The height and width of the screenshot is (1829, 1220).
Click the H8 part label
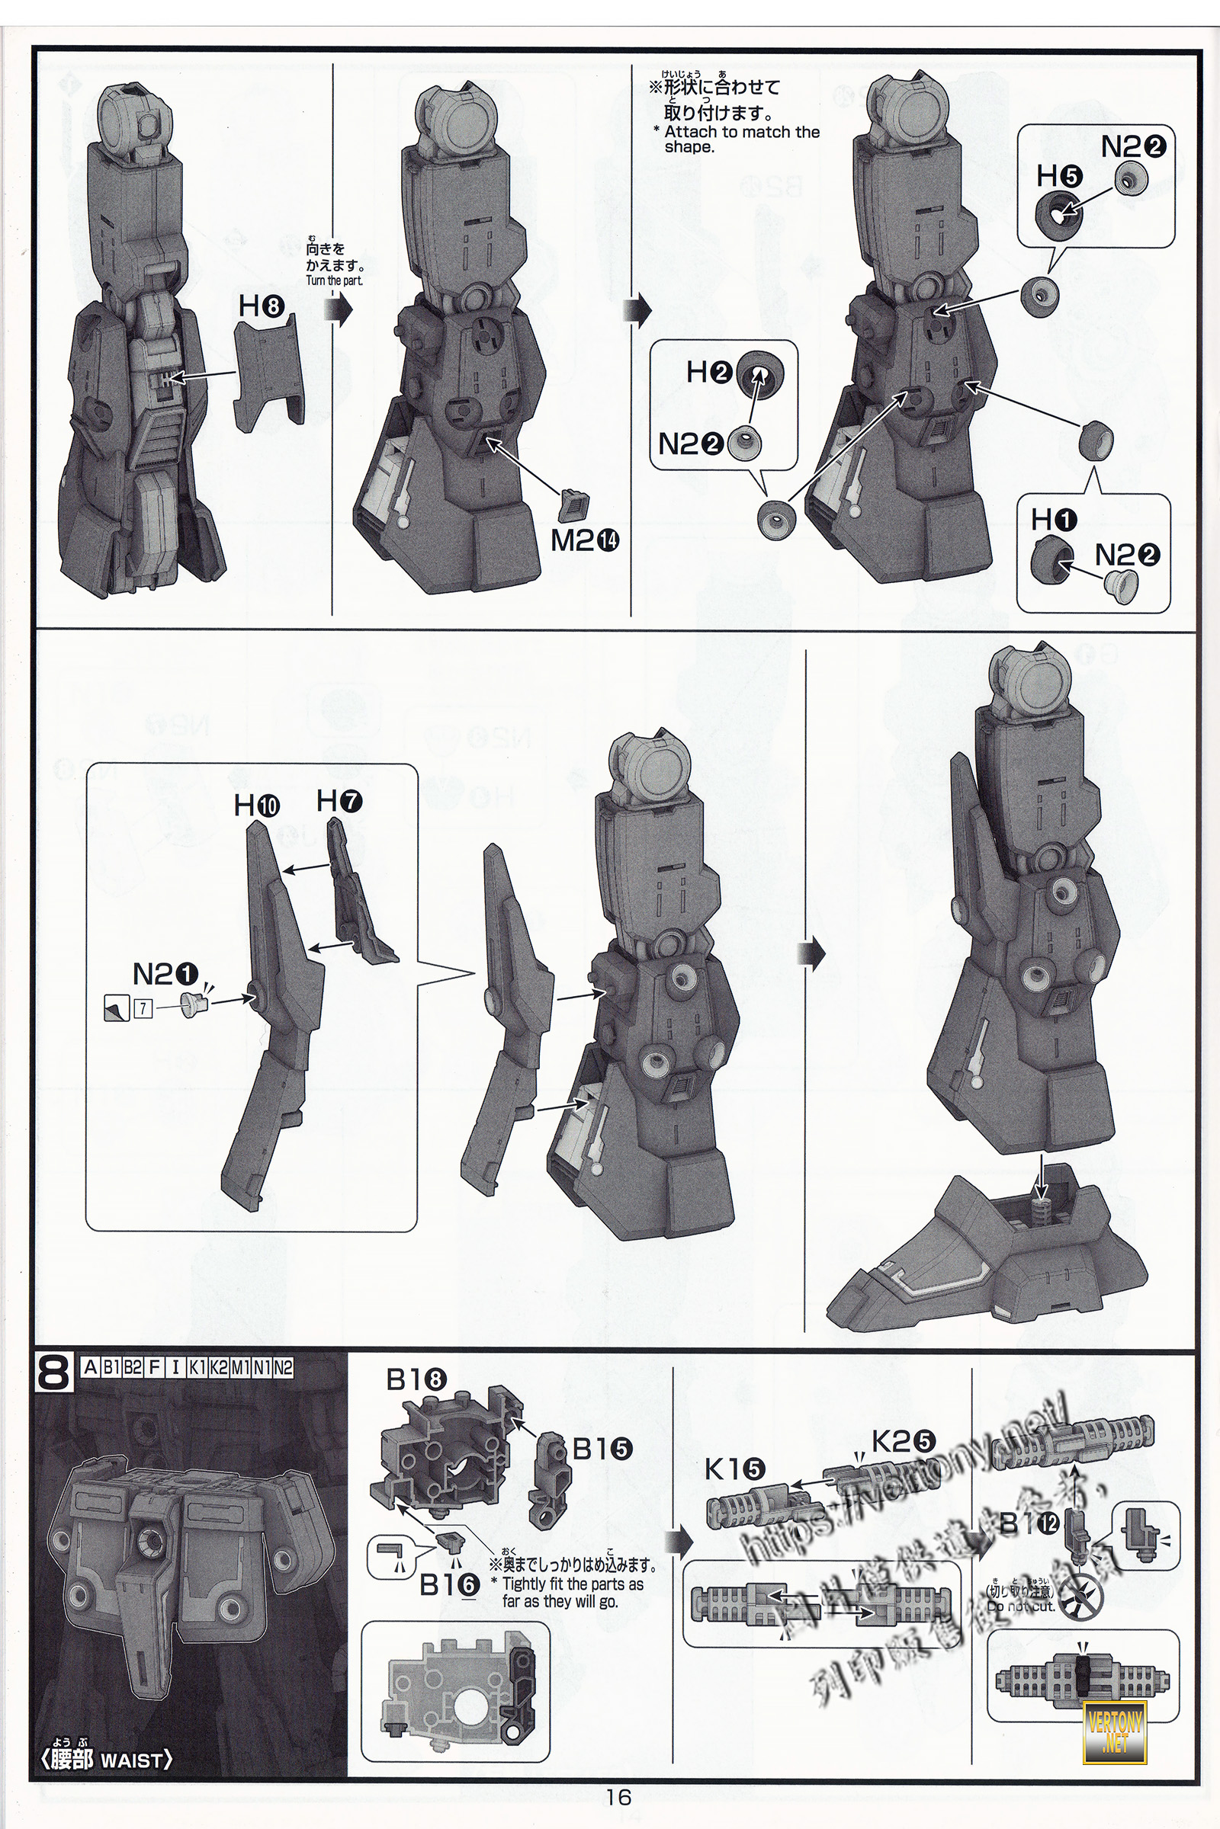[260, 306]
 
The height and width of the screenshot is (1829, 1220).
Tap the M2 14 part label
[584, 540]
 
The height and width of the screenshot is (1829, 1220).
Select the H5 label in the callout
[1059, 177]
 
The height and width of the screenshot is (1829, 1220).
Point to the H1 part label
[1054, 519]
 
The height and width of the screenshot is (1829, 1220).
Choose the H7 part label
[339, 800]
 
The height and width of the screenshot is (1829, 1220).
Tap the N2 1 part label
[165, 974]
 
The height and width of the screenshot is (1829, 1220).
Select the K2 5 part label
[904, 1442]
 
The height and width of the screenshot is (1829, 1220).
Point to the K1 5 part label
[734, 1469]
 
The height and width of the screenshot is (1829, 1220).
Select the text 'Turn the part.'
[334, 280]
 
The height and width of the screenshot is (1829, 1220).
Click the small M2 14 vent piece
[576, 505]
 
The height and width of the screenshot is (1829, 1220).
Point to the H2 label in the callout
[709, 373]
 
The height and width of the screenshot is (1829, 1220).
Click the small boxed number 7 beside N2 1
[143, 1008]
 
